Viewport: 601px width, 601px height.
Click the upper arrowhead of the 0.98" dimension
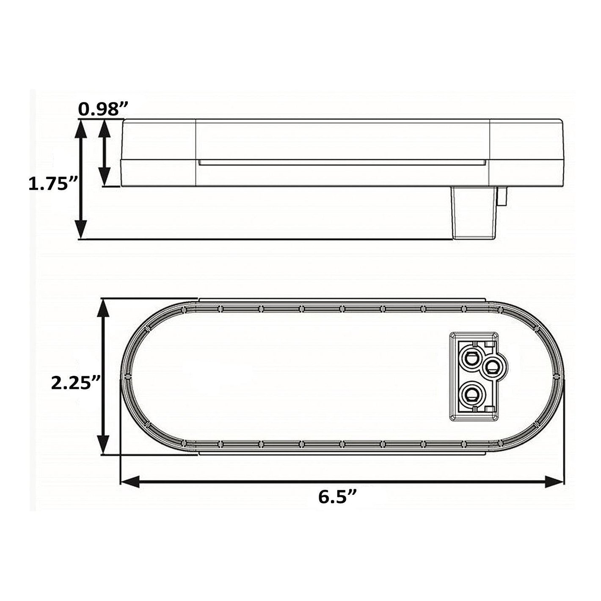point(105,128)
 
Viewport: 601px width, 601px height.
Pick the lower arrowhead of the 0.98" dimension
point(105,177)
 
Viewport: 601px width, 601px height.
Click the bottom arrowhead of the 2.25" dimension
point(102,444)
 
